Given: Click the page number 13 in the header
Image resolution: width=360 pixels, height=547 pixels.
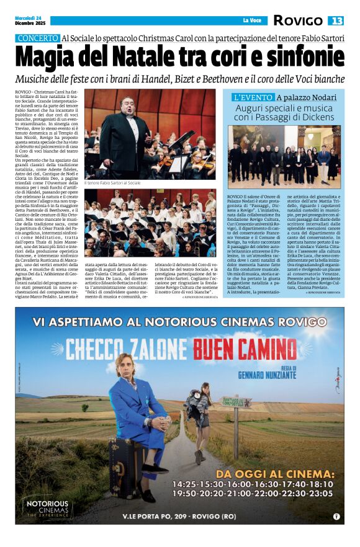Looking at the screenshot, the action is pos(336,20).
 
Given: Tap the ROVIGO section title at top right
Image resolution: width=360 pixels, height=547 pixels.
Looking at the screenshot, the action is pos(299,20).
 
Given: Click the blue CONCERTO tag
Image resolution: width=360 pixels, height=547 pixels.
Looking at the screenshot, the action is pos(37,38).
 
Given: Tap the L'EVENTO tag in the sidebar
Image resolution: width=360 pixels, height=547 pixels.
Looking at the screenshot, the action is pos(253,97).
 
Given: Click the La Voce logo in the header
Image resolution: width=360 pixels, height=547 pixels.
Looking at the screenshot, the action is pos(252,20).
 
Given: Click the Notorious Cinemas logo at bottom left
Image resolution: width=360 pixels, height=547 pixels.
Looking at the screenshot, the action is pos(47,507).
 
